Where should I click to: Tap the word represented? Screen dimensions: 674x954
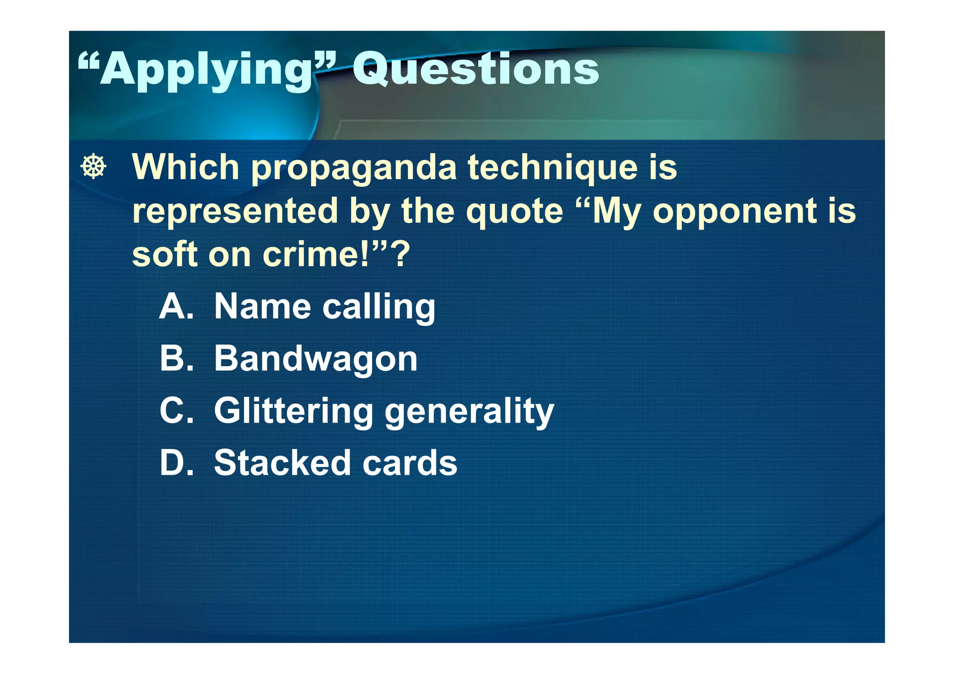tap(235, 211)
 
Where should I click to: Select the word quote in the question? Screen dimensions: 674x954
tap(514, 211)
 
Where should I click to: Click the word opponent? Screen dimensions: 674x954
tap(734, 211)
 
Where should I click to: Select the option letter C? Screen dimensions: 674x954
tap(176, 411)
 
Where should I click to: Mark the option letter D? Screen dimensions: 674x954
tap(176, 463)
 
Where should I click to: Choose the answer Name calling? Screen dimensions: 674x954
tap(325, 307)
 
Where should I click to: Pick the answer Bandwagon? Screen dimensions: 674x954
tap(316, 360)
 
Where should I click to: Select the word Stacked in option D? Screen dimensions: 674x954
tap(282, 463)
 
